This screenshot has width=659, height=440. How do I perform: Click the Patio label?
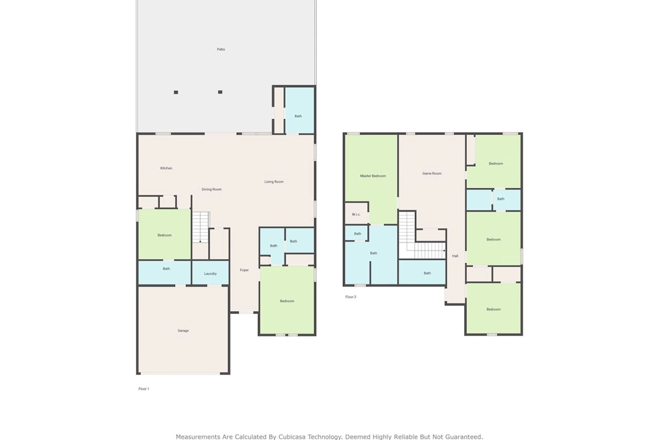[x=221, y=50]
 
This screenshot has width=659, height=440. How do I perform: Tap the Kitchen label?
[x=166, y=168]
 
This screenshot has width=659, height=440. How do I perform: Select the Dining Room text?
[x=211, y=190]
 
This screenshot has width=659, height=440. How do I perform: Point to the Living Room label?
[x=274, y=182]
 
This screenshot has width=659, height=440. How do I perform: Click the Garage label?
[x=183, y=331]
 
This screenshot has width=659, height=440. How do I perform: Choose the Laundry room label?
[x=210, y=274]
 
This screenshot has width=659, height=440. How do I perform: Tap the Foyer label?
[x=244, y=270]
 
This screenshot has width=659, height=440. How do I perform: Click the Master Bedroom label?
[x=373, y=176]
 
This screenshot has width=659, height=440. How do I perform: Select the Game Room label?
[x=432, y=174]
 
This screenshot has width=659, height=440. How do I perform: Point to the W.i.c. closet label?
[x=356, y=215]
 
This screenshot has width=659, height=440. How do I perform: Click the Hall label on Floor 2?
[x=455, y=256]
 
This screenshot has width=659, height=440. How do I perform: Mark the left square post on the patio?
[x=176, y=92]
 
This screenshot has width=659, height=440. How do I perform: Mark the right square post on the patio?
[x=220, y=92]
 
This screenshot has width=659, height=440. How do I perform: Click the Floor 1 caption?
[x=144, y=389]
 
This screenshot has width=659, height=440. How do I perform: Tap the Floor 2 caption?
[x=351, y=297]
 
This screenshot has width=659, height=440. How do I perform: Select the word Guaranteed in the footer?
[x=464, y=437]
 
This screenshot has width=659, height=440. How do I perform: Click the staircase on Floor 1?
[x=200, y=227]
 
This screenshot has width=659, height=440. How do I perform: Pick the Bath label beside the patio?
[x=298, y=116]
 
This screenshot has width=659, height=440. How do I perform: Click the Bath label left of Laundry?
[x=166, y=269]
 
